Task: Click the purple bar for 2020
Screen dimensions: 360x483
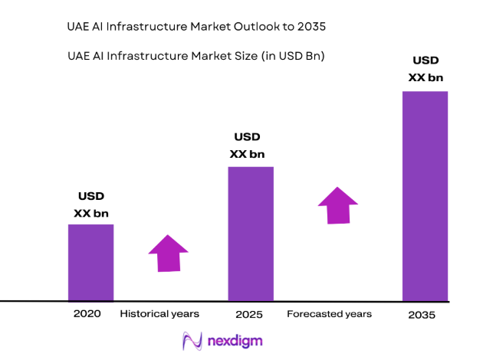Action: [91, 262]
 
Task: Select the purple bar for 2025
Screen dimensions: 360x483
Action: [251, 234]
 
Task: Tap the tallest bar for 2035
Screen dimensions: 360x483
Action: [425, 196]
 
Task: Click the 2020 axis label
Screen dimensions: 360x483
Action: [87, 314]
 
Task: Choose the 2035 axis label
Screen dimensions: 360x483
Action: [422, 315]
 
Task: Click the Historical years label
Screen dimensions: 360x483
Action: [159, 314]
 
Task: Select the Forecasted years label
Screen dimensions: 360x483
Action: [329, 314]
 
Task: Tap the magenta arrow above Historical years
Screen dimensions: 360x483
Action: [168, 254]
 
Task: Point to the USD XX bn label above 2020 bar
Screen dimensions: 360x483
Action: [90, 205]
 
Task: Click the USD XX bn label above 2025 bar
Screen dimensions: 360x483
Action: [247, 146]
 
